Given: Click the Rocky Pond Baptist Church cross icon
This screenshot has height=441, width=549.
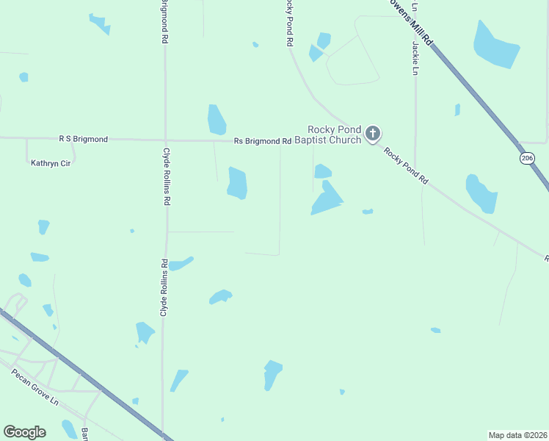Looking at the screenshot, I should tap(373, 133).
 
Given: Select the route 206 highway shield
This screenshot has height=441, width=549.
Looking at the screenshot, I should tap(526, 158).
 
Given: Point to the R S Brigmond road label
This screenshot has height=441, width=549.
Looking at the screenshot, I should tap(83, 138).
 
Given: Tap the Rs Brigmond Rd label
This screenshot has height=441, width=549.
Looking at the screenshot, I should tap(263, 140).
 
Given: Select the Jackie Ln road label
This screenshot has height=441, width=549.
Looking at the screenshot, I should tap(415, 58).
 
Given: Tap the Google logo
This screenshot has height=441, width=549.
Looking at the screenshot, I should tap(24, 432).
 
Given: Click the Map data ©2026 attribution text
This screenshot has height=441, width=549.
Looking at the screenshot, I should tap(517, 435).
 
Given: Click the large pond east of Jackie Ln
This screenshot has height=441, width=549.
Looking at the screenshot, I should tap(495, 45).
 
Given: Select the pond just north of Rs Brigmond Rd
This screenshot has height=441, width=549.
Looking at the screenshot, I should tap(217, 120).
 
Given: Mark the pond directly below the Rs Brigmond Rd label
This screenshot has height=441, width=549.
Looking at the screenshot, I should tap(237, 183).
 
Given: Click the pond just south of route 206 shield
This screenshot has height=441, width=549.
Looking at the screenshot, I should tap(481, 193).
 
